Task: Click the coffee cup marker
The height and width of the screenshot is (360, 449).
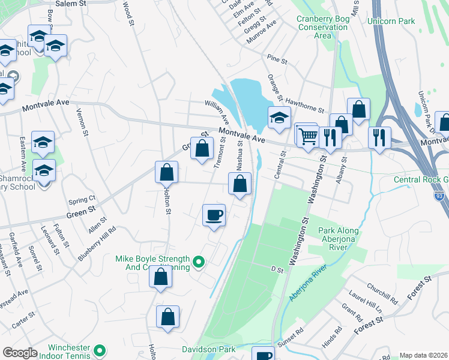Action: (214, 215)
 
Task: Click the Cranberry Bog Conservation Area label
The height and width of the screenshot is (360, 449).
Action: (322, 27)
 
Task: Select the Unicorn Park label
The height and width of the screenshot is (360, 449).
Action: (394, 22)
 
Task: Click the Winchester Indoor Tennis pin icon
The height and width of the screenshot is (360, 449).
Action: (100, 349)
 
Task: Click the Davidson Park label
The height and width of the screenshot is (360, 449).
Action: (208, 349)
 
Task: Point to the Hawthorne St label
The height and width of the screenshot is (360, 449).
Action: (304, 106)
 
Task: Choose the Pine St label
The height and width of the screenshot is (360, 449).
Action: (278, 61)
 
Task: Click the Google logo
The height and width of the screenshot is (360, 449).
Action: (20, 353)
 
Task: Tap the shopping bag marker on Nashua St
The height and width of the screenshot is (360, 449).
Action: (240, 184)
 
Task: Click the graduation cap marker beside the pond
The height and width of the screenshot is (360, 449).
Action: (279, 119)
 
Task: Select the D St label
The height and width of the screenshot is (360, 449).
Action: (276, 270)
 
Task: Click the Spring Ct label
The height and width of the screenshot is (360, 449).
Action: (82, 199)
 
